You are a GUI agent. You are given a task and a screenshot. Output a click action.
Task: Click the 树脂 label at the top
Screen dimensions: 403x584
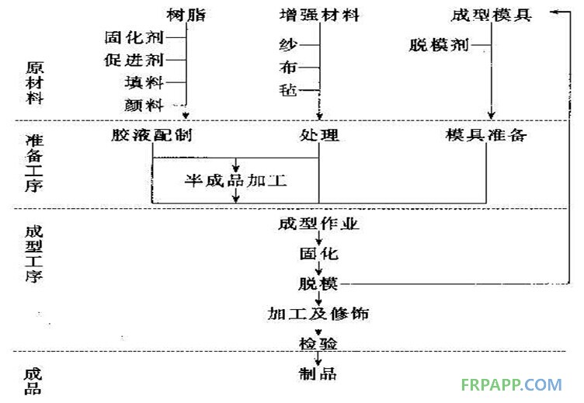(186, 15)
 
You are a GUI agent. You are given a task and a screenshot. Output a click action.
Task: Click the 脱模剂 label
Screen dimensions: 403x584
(439, 45)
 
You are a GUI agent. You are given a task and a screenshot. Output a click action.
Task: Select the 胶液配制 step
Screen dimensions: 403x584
(152, 136)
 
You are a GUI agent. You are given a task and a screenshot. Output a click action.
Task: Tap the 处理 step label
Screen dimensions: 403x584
(319, 136)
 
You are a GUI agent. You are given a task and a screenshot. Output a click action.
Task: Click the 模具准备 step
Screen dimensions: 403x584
(486, 136)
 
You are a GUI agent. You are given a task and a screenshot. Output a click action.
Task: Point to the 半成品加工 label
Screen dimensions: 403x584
(235, 180)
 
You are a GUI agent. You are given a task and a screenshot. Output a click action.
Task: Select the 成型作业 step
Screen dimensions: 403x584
(318, 225)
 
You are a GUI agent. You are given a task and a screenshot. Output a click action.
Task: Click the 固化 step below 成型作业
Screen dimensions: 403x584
(318, 254)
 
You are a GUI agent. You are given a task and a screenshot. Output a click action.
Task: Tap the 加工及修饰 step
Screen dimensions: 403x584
(318, 314)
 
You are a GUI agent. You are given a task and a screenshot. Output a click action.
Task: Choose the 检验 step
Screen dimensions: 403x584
(318, 342)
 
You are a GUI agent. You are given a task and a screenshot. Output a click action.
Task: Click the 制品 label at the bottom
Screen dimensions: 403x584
(318, 373)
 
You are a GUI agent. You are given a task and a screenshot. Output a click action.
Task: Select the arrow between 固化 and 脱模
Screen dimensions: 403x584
(318, 269)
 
